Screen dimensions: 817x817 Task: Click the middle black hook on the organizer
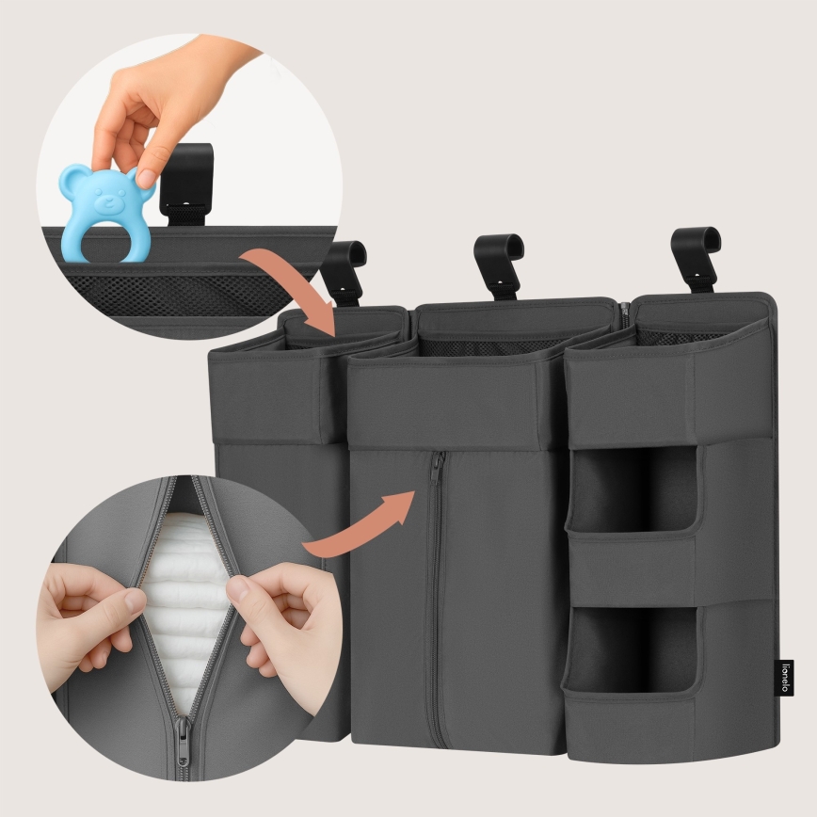pyautogui.click(x=498, y=263)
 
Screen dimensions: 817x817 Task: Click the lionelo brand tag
pyautogui.click(x=787, y=676)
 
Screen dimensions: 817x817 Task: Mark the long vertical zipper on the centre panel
pyautogui.click(x=434, y=602)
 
